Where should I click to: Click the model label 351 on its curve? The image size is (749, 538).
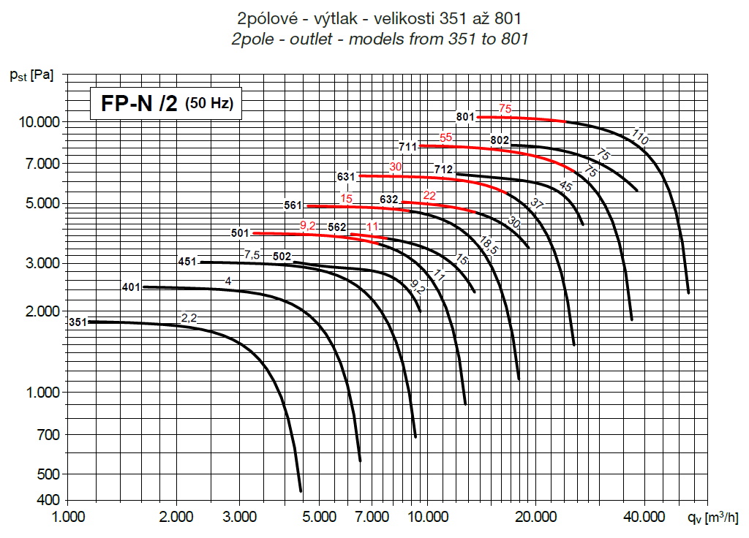tap(77, 322)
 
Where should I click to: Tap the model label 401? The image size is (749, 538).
tap(131, 287)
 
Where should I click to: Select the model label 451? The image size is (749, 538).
tap(188, 262)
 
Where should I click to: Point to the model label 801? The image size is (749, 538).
tap(465, 116)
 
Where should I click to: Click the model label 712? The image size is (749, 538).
tap(443, 170)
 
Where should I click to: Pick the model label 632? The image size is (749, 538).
tap(389, 199)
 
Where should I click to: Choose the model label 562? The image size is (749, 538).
tap(337, 227)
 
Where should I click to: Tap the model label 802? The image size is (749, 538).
tap(500, 140)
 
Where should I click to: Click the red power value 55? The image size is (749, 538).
tap(446, 137)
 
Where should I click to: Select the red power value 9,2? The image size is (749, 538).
tap(308, 225)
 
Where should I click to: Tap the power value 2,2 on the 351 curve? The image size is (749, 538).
tap(189, 317)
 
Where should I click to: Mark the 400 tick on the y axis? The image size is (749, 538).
tap(45, 501)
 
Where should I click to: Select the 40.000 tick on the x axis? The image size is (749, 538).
tap(644, 518)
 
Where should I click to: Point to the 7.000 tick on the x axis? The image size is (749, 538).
tap(372, 518)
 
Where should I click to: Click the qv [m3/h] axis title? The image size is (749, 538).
tap(713, 518)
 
